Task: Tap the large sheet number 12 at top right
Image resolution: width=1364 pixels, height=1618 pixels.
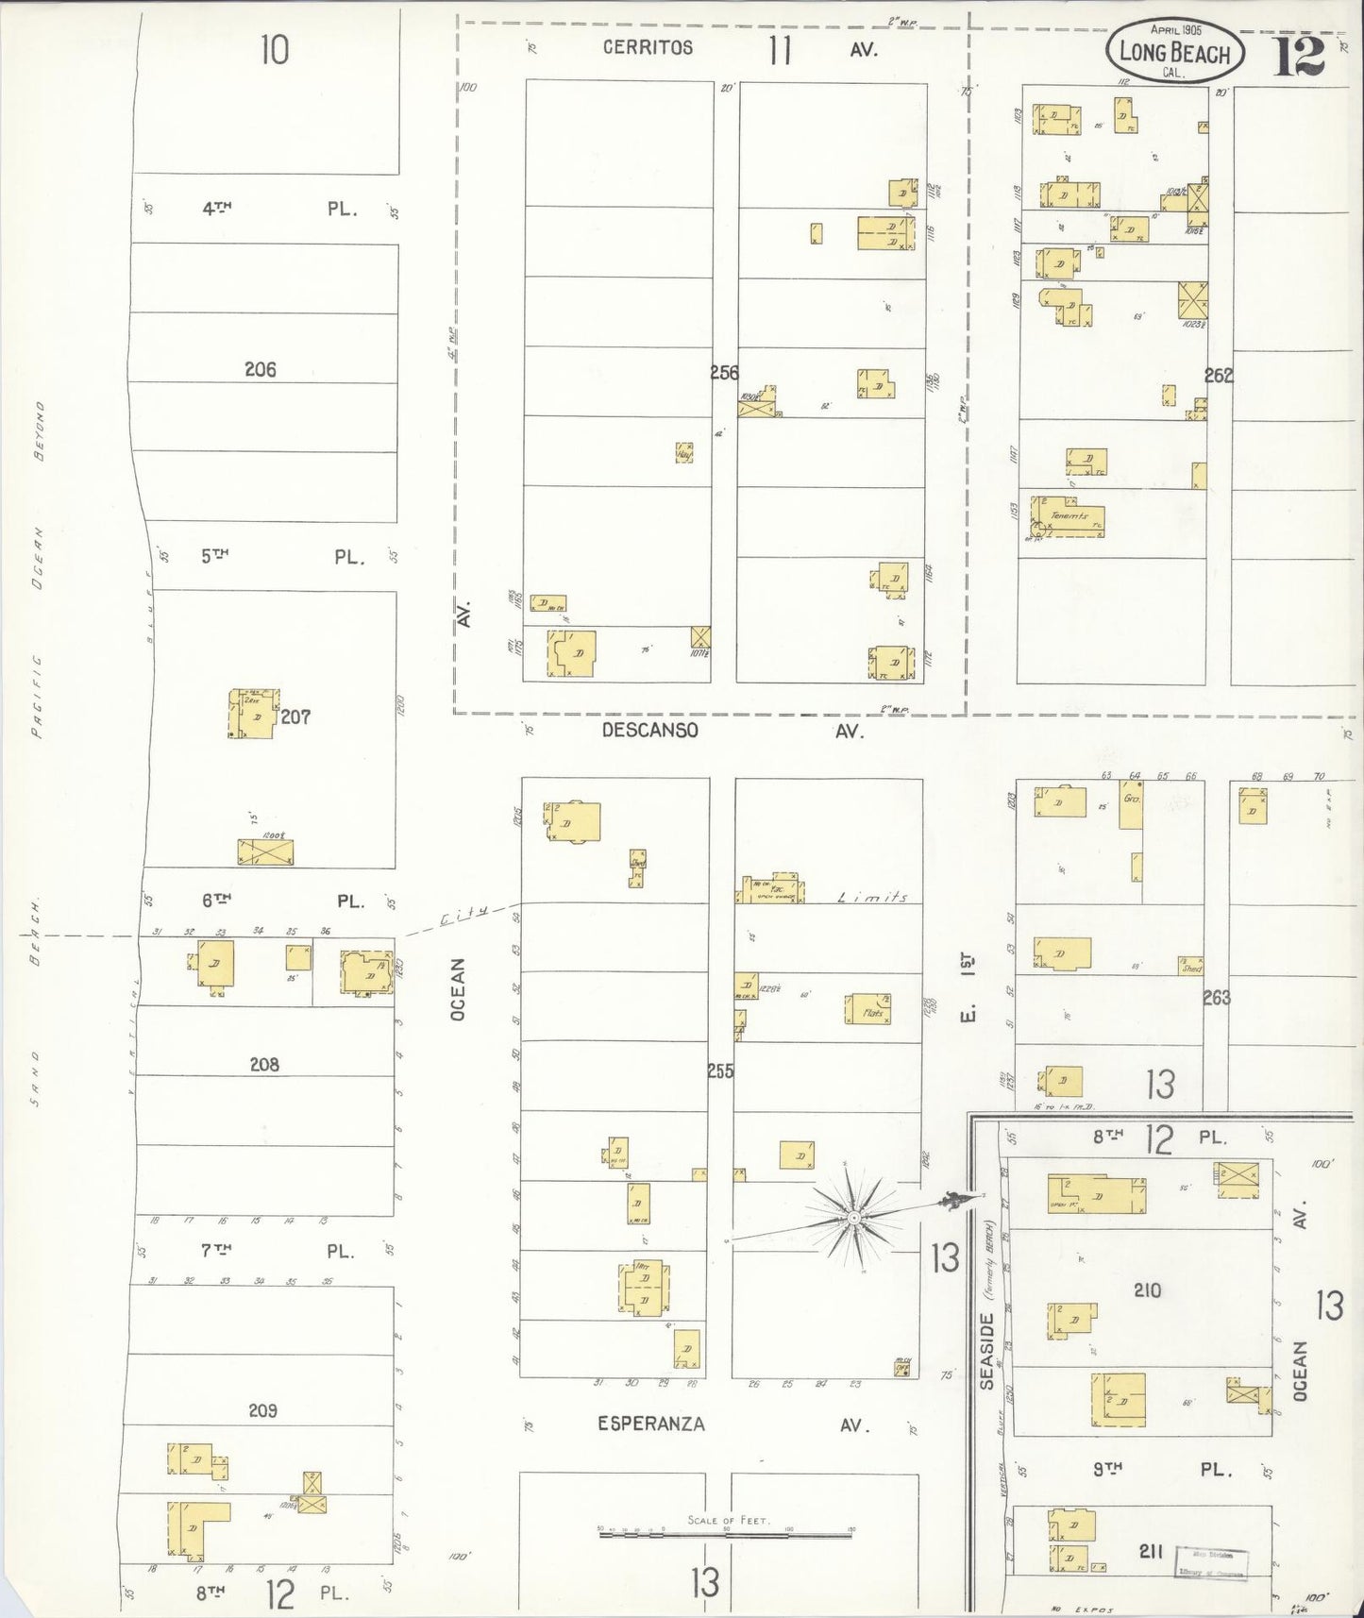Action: [x=1300, y=56]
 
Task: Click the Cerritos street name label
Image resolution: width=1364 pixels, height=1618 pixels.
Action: [x=648, y=48]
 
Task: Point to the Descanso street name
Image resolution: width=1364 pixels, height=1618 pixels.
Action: [x=650, y=730]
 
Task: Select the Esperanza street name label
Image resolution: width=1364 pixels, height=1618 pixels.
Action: [x=650, y=1424]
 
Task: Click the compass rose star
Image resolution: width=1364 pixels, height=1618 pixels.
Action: [x=853, y=1218]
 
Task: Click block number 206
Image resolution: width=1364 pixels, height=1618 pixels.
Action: [x=261, y=370]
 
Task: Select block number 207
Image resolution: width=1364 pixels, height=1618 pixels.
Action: [x=295, y=717]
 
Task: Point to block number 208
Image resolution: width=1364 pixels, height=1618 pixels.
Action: [x=264, y=1065]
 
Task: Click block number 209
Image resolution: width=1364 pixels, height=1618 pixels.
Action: [x=262, y=1411]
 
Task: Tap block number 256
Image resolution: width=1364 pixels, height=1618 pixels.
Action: [x=724, y=373]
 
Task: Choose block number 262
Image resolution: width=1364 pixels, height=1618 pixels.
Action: [x=1219, y=376]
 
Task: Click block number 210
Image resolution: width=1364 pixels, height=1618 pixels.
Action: [x=1147, y=1290]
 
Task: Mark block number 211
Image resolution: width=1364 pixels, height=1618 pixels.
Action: [x=1150, y=1550]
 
